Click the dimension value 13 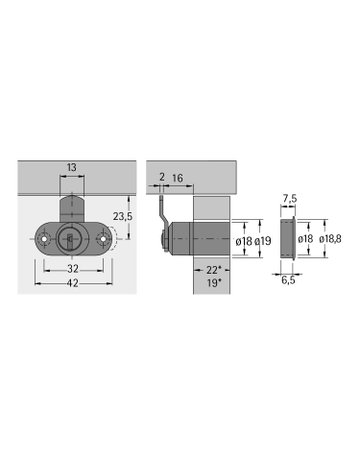[x=73, y=168]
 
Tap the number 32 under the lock [x=73, y=268]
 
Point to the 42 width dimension [x=73, y=284]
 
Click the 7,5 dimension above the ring [x=288, y=197]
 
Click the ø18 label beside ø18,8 [x=306, y=240]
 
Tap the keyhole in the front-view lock [x=72, y=239]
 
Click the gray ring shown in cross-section [x=287, y=240]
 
